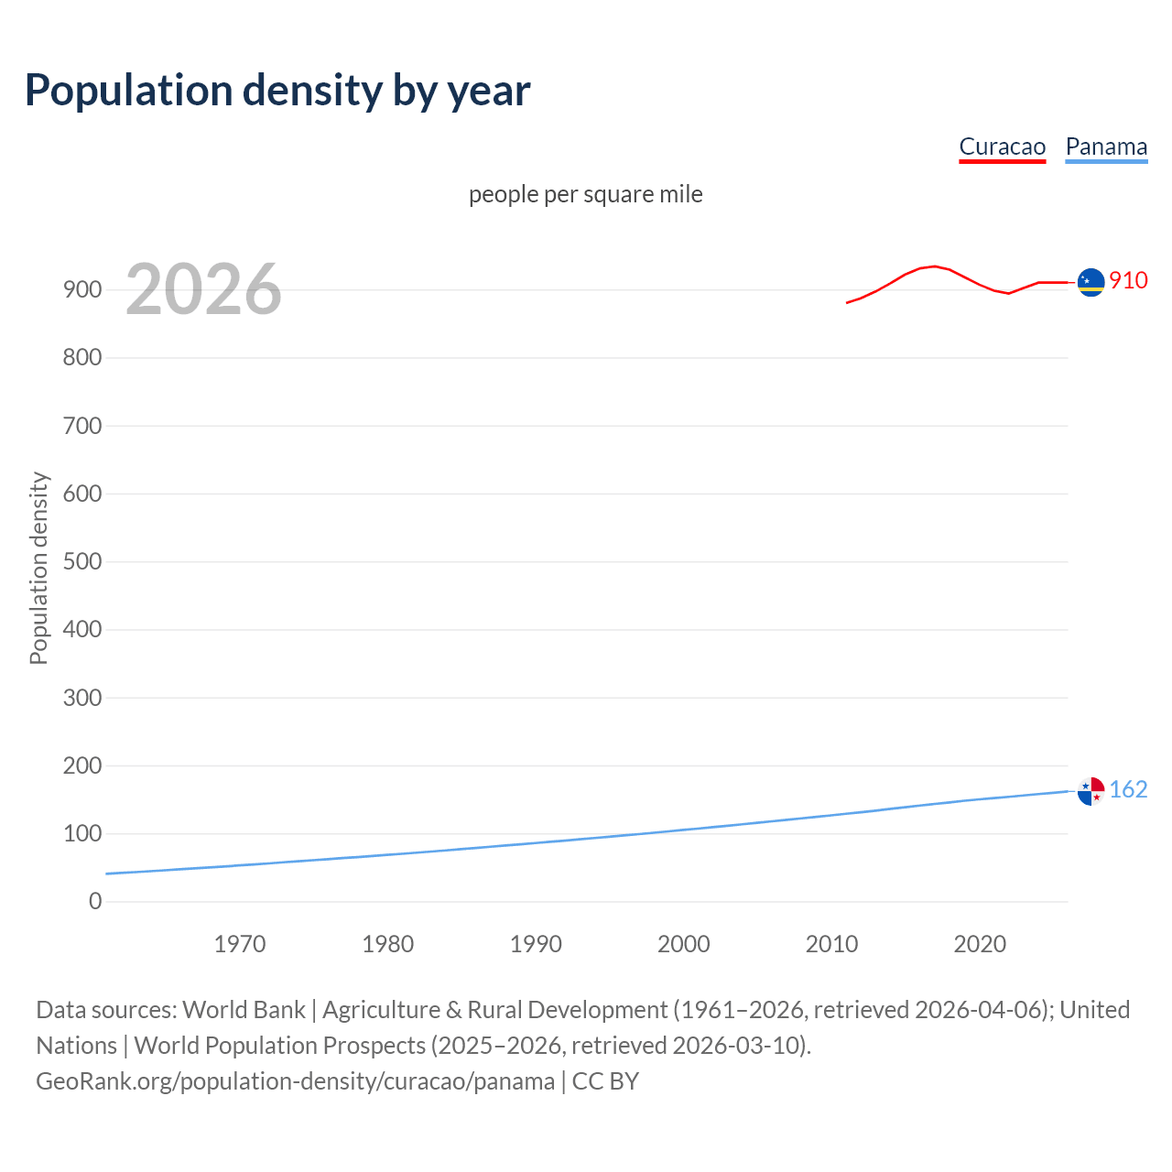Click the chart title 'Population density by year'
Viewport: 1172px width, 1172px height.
tap(277, 90)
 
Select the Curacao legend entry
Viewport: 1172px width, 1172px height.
tap(1002, 147)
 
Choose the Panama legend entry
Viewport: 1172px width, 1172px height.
tap(1106, 147)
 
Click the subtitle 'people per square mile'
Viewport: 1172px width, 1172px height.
tap(585, 194)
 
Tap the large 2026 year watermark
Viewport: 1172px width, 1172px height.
tap(203, 289)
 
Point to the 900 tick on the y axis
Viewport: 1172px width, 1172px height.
tap(82, 289)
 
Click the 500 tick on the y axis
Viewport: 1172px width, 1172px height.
tap(82, 561)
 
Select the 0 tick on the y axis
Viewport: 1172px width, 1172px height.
tap(95, 902)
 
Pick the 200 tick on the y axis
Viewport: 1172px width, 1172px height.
tap(82, 765)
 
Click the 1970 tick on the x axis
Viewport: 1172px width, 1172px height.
tap(240, 944)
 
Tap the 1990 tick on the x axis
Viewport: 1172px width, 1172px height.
tap(536, 944)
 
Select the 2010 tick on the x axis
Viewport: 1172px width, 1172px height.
tap(831, 944)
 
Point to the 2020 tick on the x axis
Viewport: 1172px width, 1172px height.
tap(980, 944)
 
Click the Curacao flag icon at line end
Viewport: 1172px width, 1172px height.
tap(1091, 283)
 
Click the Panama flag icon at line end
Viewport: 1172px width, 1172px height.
tap(1091, 791)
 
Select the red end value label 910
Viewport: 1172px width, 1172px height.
tap(1128, 280)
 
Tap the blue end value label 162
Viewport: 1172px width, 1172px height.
tap(1128, 789)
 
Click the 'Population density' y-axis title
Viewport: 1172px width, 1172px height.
tap(38, 568)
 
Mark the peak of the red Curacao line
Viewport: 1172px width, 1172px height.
tap(933, 266)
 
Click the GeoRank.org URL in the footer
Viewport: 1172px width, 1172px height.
tap(295, 1081)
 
